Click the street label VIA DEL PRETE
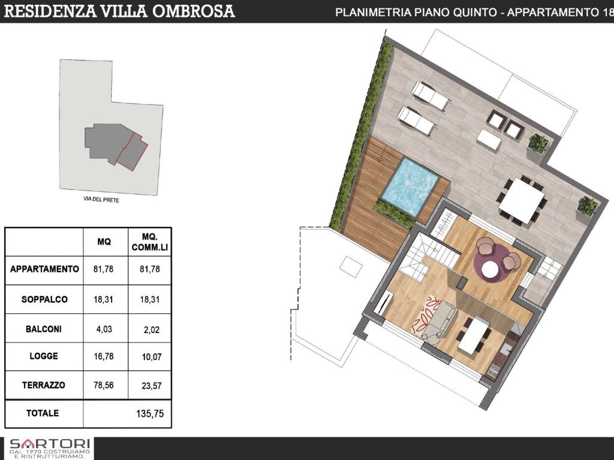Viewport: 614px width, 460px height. click(101, 201)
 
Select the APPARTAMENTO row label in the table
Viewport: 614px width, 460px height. click(44, 269)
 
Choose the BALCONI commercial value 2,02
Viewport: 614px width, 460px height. click(149, 329)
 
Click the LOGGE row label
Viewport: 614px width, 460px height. click(44, 356)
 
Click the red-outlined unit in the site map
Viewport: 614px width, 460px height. click(132, 151)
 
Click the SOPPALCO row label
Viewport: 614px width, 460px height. click(44, 299)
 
